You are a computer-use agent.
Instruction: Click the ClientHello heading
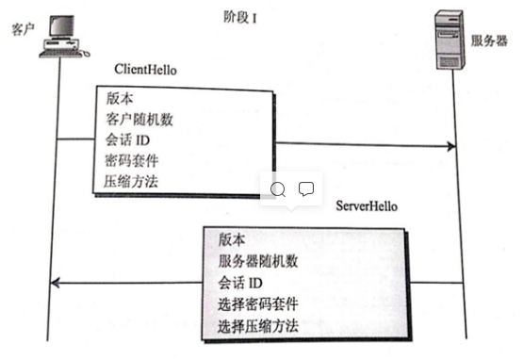145,71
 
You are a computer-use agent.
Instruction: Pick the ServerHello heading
367,205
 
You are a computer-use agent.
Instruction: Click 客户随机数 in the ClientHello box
139,120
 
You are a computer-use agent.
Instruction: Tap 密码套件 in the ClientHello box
133,161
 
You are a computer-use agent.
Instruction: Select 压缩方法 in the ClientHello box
133,182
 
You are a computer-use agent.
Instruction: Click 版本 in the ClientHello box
119,99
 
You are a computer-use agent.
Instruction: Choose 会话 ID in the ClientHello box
130,140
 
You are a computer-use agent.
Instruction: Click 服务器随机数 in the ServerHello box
258,261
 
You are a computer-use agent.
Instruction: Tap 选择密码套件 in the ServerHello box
258,303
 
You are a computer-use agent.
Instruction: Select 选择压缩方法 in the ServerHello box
258,325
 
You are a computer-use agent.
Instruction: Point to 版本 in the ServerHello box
232,239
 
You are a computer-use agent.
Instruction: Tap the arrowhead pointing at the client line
56,282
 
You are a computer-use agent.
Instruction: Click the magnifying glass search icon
278,188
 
